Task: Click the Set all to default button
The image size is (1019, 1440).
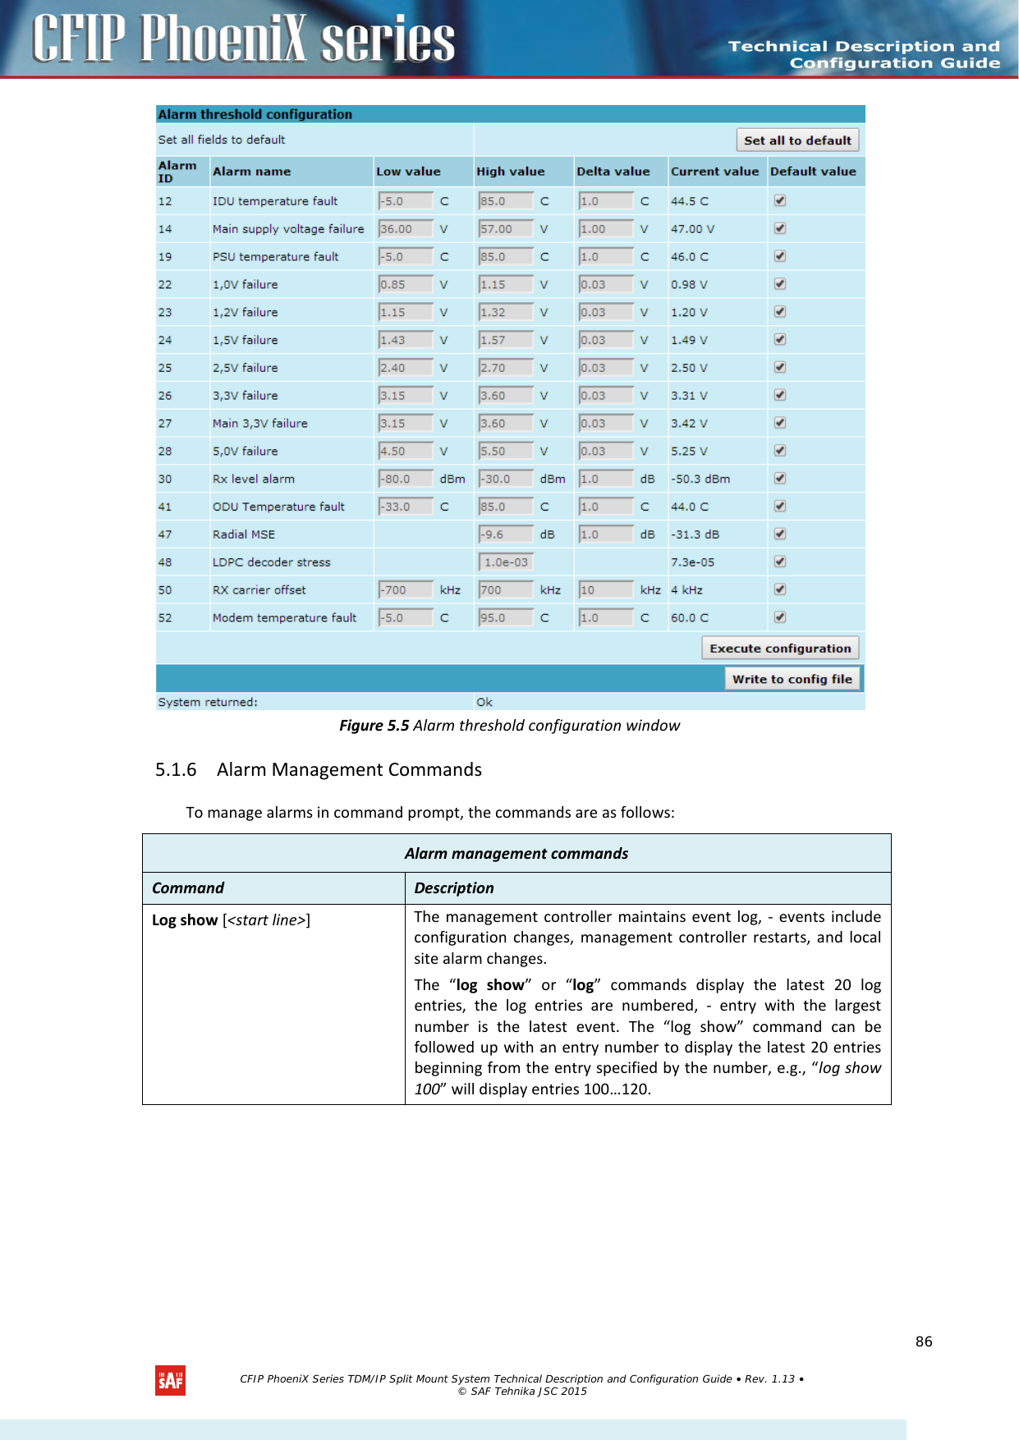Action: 797,140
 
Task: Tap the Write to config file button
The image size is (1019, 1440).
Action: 792,679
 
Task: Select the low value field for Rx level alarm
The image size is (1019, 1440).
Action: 405,479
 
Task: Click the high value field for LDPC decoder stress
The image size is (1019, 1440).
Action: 506,562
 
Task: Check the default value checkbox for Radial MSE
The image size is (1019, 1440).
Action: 780,534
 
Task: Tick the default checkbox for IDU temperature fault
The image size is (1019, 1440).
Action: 780,200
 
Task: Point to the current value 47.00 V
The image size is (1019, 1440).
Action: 692,229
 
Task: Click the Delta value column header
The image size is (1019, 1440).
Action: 613,172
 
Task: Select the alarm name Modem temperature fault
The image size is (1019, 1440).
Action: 284,617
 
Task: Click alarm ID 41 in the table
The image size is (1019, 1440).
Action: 165,507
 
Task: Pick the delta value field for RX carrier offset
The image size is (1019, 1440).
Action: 606,590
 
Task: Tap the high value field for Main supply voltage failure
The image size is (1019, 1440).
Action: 506,229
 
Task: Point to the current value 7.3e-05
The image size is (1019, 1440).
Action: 692,562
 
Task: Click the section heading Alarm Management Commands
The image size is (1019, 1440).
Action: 349,769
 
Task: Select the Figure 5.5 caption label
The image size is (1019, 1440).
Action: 374,725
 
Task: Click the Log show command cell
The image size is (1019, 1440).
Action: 231,920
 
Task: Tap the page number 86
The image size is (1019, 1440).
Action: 924,1341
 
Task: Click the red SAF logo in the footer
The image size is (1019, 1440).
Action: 170,1381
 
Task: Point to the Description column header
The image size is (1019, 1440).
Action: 454,888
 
